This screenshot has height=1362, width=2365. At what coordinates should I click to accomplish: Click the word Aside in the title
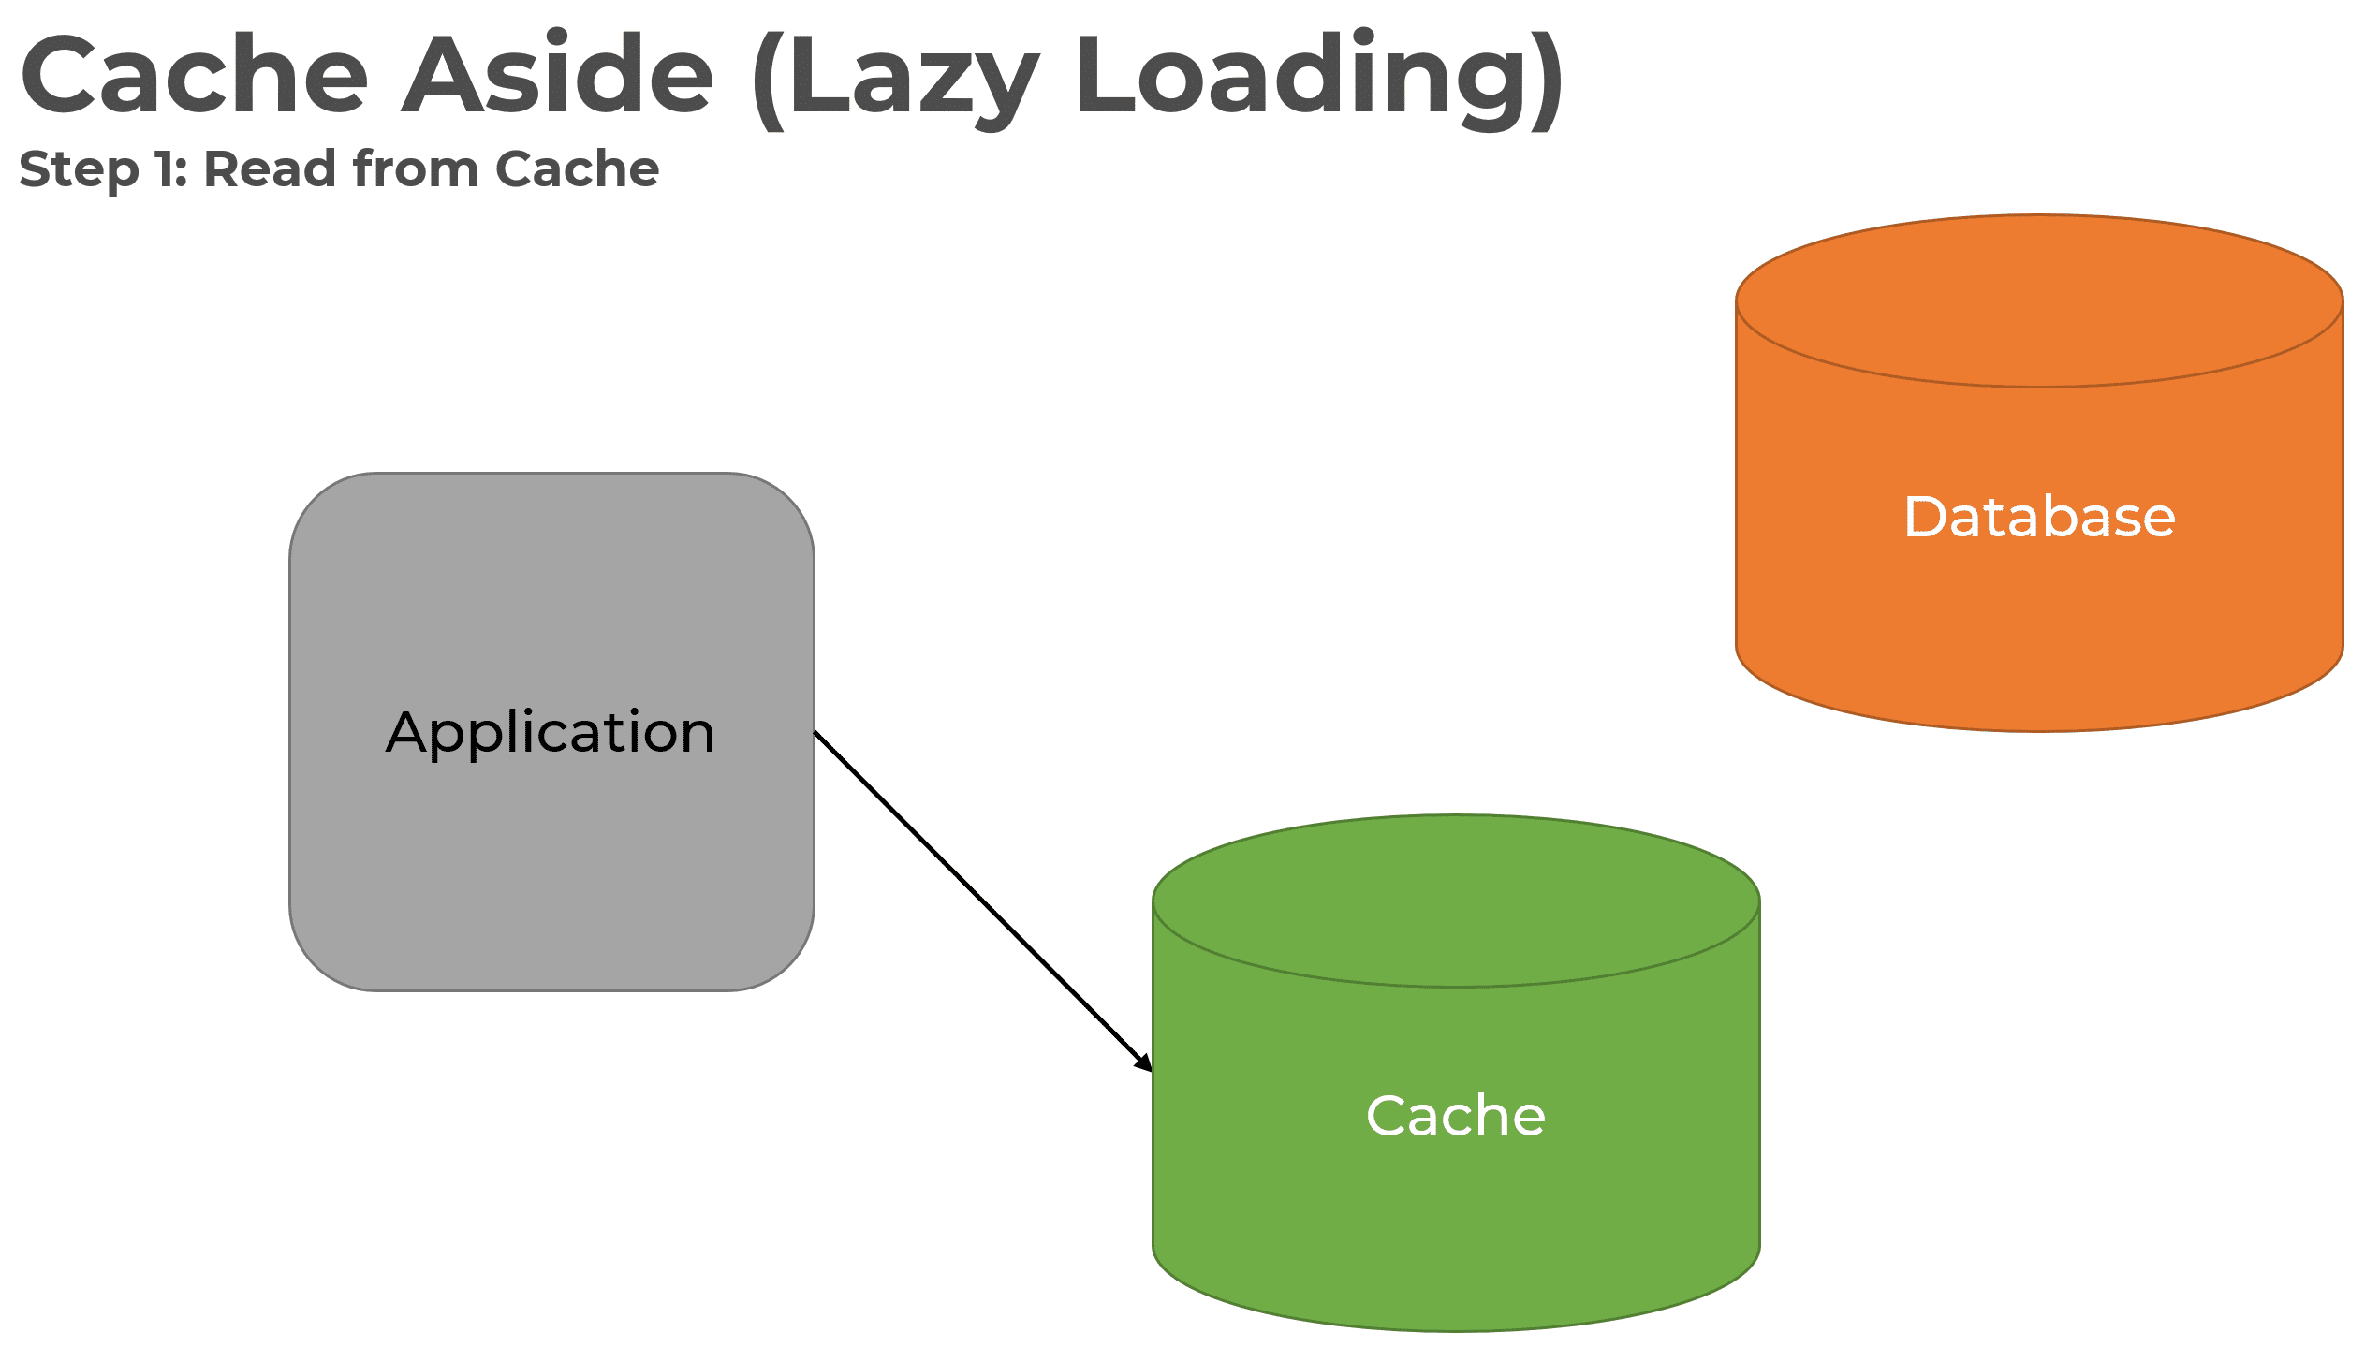(x=558, y=75)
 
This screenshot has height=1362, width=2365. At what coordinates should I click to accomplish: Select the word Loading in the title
(x=1306, y=75)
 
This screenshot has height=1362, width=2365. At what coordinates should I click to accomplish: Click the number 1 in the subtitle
(x=166, y=169)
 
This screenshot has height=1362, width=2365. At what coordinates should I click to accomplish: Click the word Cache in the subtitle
(x=577, y=169)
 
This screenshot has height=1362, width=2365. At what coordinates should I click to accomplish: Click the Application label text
(x=551, y=732)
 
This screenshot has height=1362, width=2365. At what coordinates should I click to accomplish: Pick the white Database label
(x=2039, y=517)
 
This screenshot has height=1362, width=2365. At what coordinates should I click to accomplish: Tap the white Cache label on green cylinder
(x=1455, y=1116)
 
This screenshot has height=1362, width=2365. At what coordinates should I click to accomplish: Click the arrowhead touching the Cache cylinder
(x=1144, y=1063)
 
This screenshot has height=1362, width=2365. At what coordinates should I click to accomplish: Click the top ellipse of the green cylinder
(x=1455, y=901)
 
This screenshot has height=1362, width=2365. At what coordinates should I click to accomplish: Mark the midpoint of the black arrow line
(x=983, y=901)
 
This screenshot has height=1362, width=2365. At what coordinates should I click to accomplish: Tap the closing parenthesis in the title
(x=1546, y=80)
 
